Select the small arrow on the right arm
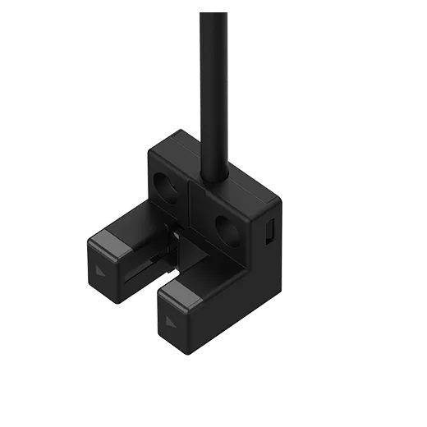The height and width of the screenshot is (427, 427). coord(170,319)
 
